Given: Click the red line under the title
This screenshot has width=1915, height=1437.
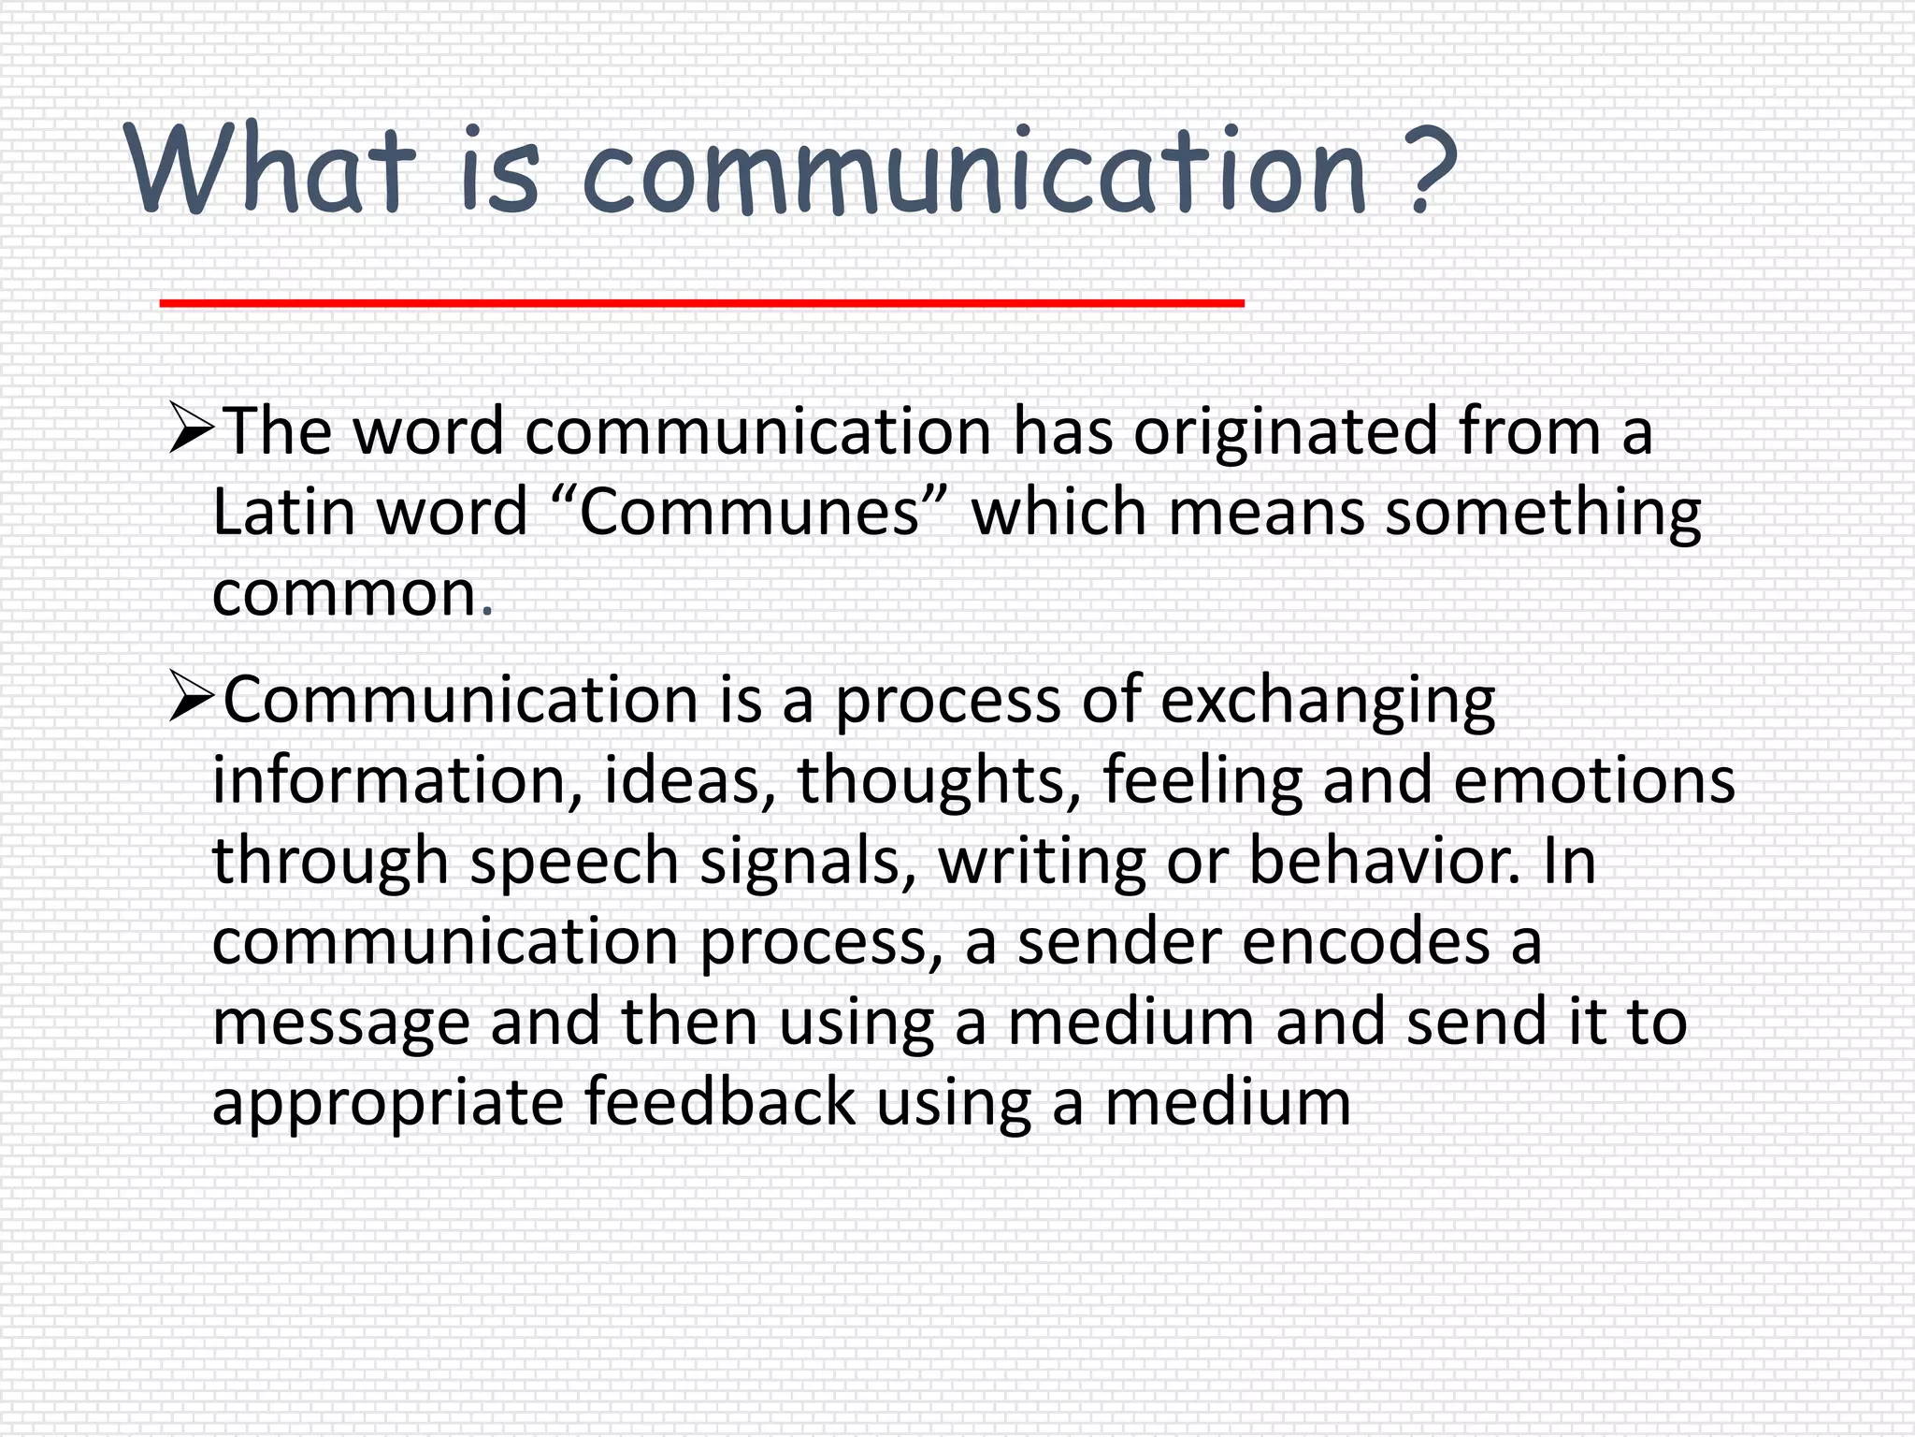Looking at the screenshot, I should [x=701, y=302].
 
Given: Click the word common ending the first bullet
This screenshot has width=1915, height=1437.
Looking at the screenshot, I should [x=345, y=595].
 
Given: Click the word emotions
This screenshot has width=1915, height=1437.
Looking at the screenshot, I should [x=1594, y=781].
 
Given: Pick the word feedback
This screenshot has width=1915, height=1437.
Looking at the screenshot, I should [x=720, y=1103].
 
